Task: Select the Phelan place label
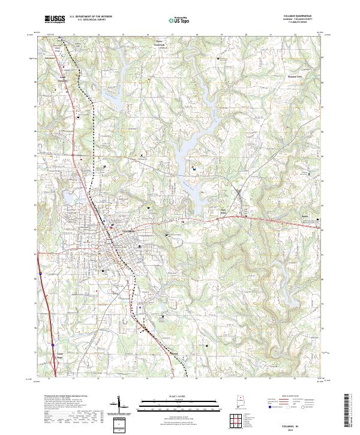[174, 353]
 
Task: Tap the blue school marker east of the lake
[194, 170]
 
